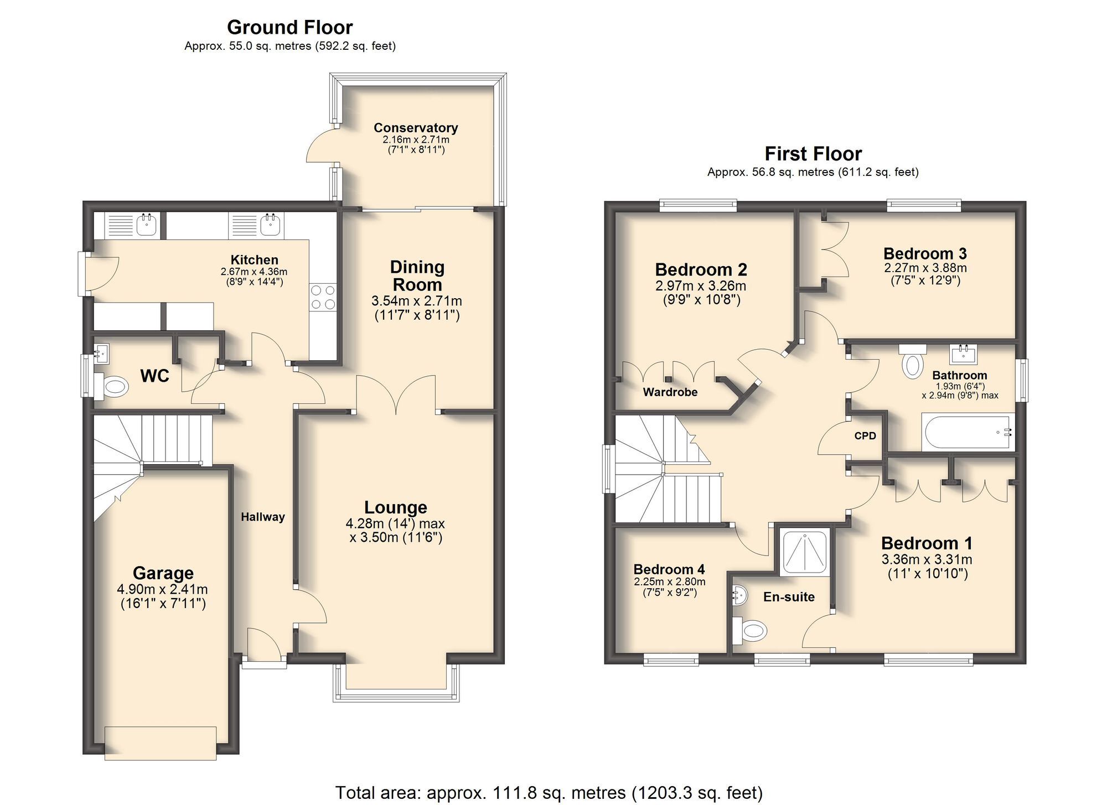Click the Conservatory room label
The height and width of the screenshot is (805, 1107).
[x=416, y=128]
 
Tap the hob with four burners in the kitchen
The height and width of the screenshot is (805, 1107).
[x=323, y=297]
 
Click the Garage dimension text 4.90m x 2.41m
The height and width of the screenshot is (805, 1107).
[x=163, y=589]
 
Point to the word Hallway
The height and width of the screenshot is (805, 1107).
[x=263, y=517]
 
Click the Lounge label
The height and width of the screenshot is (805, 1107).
[x=395, y=507]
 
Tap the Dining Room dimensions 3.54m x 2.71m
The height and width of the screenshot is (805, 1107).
[x=416, y=302]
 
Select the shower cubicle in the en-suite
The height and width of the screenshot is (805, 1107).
[x=805, y=552]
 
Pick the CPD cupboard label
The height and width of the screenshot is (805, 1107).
[x=865, y=436]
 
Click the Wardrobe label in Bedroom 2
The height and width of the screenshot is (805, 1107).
[x=670, y=392]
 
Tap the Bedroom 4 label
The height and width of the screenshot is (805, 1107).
[x=669, y=569]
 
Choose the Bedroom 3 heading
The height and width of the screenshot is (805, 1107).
[x=925, y=253]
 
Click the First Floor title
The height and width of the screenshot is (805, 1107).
[x=813, y=153]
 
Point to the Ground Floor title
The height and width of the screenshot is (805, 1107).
[x=289, y=27]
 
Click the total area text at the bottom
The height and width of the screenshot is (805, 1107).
[x=549, y=792]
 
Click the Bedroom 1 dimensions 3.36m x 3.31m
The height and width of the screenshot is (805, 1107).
[x=927, y=559]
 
